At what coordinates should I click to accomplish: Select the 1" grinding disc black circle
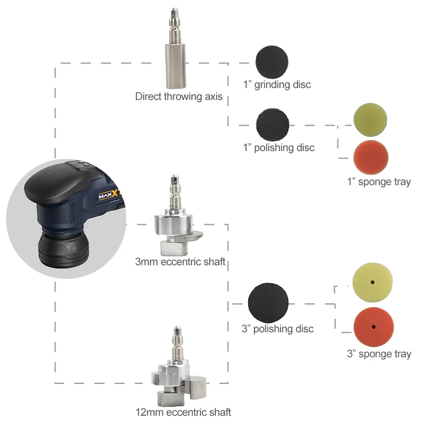point(272,61)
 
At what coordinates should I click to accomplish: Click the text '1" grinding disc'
point(277,85)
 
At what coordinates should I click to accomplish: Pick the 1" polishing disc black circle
point(273,124)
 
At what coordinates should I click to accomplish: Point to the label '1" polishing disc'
point(278,148)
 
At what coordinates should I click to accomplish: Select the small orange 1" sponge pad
point(370,157)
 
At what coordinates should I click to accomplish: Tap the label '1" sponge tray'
point(379,182)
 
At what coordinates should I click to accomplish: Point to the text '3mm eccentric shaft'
point(180,262)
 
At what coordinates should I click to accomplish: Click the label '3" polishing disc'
point(278,329)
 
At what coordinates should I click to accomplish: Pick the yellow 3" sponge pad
point(373,282)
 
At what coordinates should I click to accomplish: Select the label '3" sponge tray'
point(379,354)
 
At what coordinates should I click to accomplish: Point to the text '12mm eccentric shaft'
point(183,412)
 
